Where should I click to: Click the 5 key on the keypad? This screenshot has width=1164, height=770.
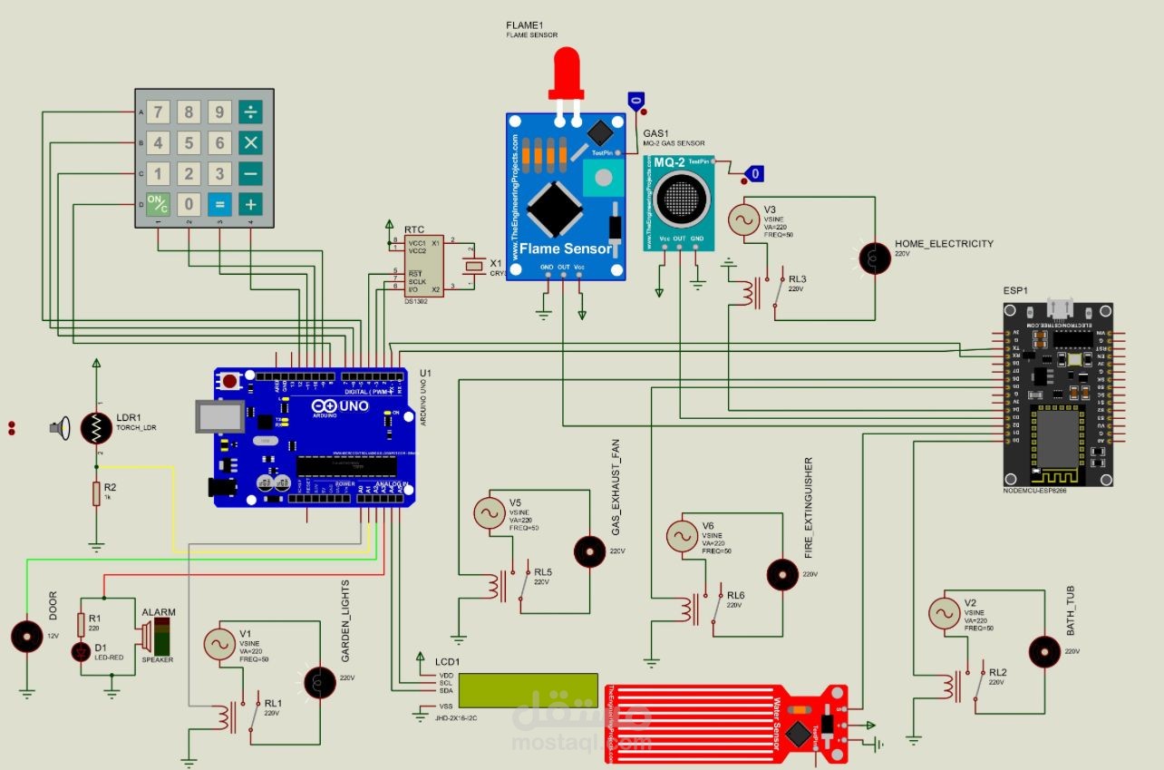(x=189, y=143)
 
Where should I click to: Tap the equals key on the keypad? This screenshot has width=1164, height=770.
(x=219, y=204)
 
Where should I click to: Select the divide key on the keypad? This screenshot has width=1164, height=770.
(x=250, y=112)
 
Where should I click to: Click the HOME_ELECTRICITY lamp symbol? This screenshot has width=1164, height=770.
(x=875, y=258)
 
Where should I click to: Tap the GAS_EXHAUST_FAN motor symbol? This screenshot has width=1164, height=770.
(x=590, y=551)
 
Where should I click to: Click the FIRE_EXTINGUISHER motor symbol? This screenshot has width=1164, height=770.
(x=783, y=573)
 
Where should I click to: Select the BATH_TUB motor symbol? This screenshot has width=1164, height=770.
(x=1044, y=651)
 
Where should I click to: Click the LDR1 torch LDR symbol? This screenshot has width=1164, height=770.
(x=96, y=428)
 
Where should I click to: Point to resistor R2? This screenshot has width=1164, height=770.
(x=96, y=494)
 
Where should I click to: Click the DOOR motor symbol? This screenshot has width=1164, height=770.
(x=27, y=635)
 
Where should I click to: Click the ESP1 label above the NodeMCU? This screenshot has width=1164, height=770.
(x=1015, y=291)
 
